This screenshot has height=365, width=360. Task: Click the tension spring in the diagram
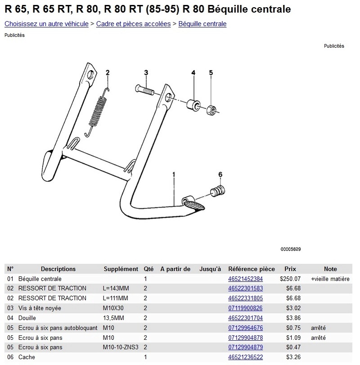pos(97,112)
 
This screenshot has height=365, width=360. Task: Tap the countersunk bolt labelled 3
pos(144,90)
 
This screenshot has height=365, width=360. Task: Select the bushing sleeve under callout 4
pos(193,104)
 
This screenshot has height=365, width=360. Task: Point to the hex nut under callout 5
pos(211,110)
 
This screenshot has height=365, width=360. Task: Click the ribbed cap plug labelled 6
pos(218,191)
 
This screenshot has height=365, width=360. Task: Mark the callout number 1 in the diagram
pos(174,174)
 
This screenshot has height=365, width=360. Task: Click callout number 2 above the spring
pos(108,72)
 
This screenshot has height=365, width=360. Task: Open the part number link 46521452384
pos(245,279)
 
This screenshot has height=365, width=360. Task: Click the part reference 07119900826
pos(245,308)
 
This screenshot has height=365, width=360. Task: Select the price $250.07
pos(290,279)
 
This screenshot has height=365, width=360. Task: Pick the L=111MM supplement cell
pos(115,298)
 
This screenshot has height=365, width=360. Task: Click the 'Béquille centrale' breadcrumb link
pos(202,24)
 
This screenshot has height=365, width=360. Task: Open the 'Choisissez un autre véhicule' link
pos(46,24)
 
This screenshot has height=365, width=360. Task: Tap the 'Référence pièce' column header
pos(252,269)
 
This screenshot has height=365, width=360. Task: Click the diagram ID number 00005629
pos(290,249)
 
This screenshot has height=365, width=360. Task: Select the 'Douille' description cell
pos(27,318)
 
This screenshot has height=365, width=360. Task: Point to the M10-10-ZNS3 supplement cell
pos(121,347)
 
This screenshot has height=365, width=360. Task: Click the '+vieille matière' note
pos(330,279)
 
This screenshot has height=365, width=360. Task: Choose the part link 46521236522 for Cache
pos(245,357)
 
